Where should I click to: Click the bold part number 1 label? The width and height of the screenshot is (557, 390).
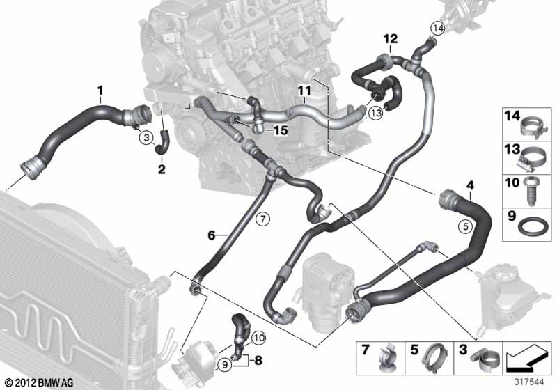100,90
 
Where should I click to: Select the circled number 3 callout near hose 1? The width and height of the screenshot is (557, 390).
144,138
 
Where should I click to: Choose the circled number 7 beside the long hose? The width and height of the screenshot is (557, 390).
262,219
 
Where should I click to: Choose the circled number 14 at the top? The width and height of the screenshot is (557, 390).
437,29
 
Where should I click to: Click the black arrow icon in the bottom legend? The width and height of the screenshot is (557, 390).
528,360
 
